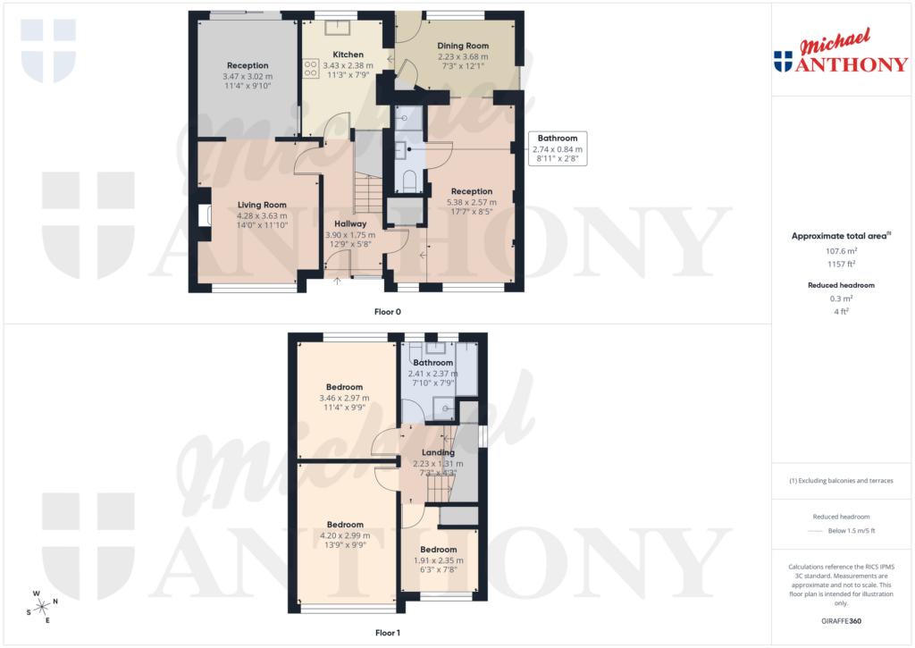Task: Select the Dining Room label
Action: pyautogui.click(x=463, y=46)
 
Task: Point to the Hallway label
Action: pyautogui.click(x=351, y=223)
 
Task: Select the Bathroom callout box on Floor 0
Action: pyautogui.click(x=558, y=148)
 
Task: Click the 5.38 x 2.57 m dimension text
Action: pyautogui.click(x=471, y=203)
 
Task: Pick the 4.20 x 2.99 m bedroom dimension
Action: pyautogui.click(x=344, y=535)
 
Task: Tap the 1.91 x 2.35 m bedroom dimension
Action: pyautogui.click(x=438, y=560)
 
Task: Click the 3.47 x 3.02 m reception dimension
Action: pyautogui.click(x=248, y=77)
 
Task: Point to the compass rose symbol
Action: pyautogui.click(x=41, y=607)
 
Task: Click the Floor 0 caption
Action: pyautogui.click(x=387, y=312)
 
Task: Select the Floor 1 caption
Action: pyautogui.click(x=387, y=633)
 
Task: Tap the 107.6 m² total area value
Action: pyautogui.click(x=839, y=252)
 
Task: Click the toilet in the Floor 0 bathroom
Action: pyautogui.click(x=410, y=182)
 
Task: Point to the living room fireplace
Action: pyautogui.click(x=203, y=215)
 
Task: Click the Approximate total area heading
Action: pyautogui.click(x=839, y=236)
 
